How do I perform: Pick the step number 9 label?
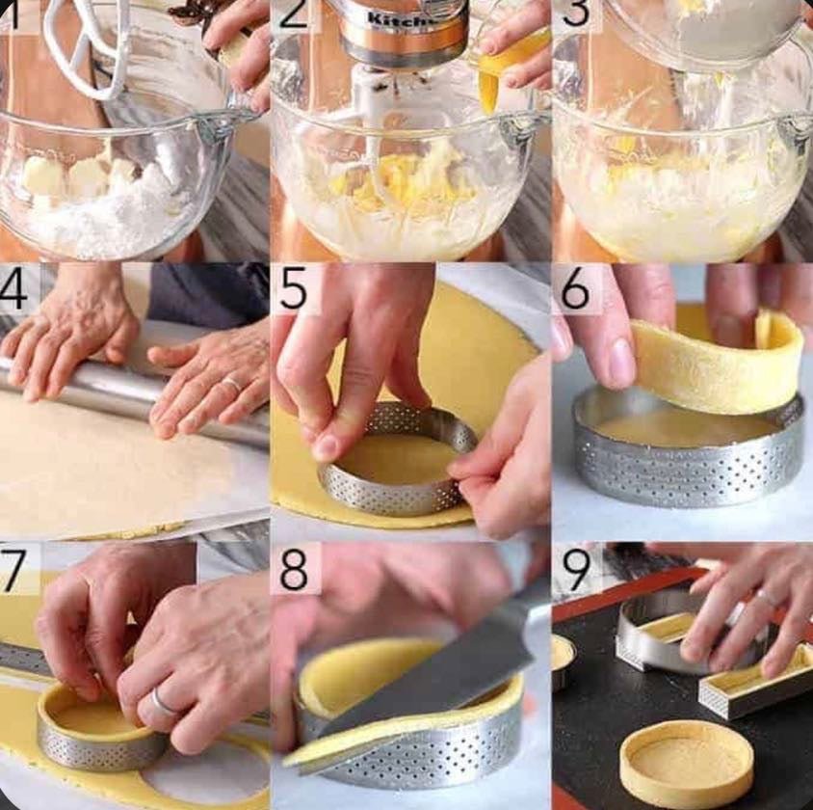pyautogui.click(x=576, y=569)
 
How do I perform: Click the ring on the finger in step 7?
pyautogui.click(x=162, y=703)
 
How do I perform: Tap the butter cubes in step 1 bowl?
pyautogui.click(x=82, y=178)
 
